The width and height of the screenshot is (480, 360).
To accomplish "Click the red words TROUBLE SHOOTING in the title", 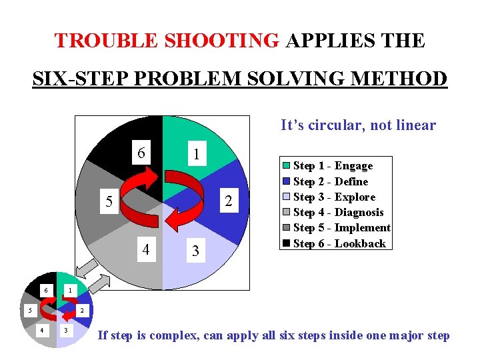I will click(167, 41).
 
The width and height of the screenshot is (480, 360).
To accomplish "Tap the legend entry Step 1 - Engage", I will click(333, 166).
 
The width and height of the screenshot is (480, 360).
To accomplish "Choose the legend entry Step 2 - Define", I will click(331, 181).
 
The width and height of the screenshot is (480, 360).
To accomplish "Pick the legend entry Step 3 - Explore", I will click(334, 197).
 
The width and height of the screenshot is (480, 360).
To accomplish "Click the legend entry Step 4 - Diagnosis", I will click(338, 212).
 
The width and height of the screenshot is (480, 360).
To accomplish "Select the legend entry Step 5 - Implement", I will click(341, 227).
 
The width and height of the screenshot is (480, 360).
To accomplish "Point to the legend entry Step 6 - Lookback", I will click(339, 243).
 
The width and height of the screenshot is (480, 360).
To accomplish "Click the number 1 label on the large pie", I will click(195, 153).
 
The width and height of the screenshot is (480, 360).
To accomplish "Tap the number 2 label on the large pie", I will click(228, 201).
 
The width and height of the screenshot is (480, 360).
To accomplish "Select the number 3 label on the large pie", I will click(195, 252).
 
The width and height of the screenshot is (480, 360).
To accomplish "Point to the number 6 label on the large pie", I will click(141, 153).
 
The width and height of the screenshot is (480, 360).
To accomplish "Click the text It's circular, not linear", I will click(358, 125).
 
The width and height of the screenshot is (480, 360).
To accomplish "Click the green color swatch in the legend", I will click(287, 166).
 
